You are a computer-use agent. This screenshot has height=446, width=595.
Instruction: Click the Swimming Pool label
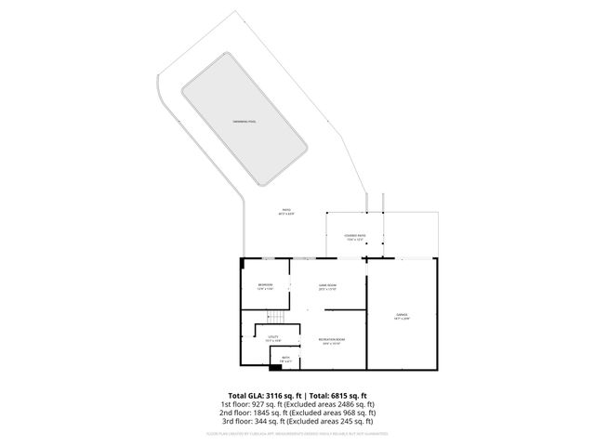(x=245, y=122)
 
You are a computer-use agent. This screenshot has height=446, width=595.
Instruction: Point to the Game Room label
(x=327, y=286)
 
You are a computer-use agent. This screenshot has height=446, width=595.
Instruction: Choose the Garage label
(x=402, y=316)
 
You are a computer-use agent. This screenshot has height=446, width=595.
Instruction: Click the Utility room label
(x=273, y=338)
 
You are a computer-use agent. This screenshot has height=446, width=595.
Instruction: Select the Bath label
(x=286, y=359)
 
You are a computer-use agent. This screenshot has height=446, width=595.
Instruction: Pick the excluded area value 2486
(x=346, y=405)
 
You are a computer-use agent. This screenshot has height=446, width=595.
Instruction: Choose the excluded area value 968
(x=350, y=414)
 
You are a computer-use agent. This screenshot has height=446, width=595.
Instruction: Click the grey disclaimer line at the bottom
(x=297, y=433)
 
